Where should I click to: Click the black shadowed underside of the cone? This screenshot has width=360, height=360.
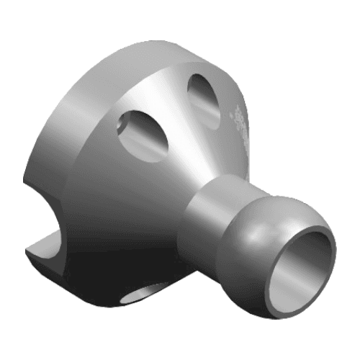coord(115,259)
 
